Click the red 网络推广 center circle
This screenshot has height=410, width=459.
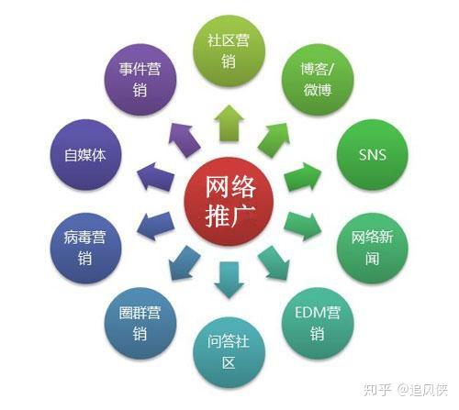coord(229,201)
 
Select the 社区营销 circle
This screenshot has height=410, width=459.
coord(229,52)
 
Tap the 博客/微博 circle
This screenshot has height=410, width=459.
coord(318,80)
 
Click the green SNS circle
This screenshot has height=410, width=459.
coord(373,154)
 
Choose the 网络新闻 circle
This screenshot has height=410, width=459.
coord(373,248)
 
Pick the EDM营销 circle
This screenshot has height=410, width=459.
coord(318,323)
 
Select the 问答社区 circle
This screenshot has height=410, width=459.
coord(229,352)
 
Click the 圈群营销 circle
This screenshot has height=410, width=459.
coord(140,323)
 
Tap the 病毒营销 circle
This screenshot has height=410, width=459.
coord(85,248)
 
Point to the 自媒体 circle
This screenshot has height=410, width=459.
coord(85,154)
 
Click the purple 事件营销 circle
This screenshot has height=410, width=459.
coord(140,80)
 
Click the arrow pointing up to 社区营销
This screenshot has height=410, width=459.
coord(229,124)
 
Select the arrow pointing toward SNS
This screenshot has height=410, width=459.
coord(303,177)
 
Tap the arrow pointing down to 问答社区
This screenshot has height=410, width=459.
coord(229,280)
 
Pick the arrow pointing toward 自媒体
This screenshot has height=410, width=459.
coord(155,177)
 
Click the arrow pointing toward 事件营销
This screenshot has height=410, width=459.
coord(185,140)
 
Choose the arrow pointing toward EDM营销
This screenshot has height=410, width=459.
coord(274,263)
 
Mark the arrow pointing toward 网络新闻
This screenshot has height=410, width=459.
coord(303,227)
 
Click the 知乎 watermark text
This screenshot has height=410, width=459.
coord(377,390)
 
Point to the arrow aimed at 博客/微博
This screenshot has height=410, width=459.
coord(274,140)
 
